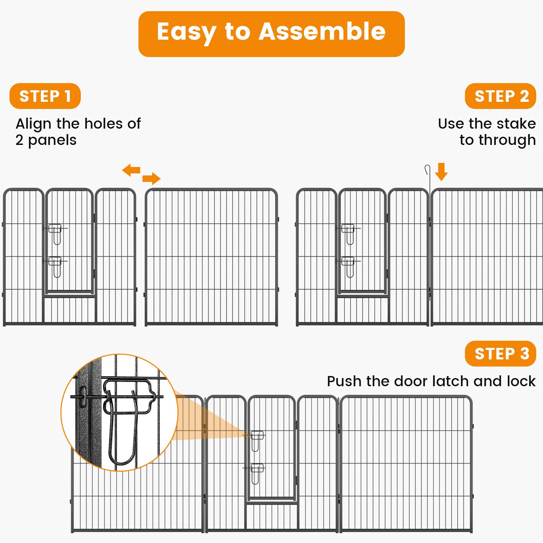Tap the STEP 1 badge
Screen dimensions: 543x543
[x=45, y=96]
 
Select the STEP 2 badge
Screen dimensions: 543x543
[x=501, y=96]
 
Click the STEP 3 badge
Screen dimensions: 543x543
[x=501, y=354]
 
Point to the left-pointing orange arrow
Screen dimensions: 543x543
[x=131, y=170]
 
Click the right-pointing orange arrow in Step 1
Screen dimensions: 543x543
[x=151, y=178]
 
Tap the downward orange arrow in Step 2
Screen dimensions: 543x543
[x=441, y=172]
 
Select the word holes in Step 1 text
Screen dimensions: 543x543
[x=104, y=124]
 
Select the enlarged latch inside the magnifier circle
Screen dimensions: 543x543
[x=127, y=412]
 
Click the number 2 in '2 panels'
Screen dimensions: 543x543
[x=19, y=140]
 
